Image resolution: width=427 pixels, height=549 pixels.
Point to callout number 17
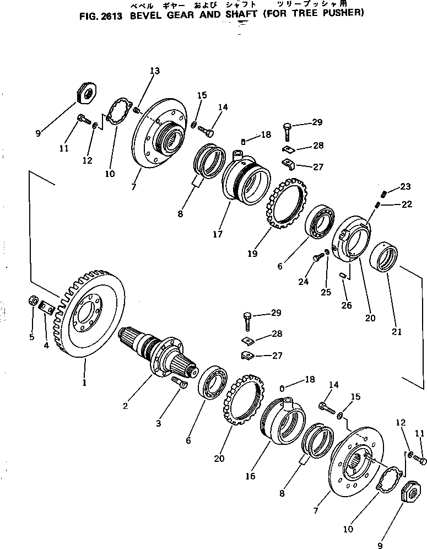(217, 234)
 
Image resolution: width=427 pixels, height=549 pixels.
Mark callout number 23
(406, 186)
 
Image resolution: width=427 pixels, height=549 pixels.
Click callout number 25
(326, 292)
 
